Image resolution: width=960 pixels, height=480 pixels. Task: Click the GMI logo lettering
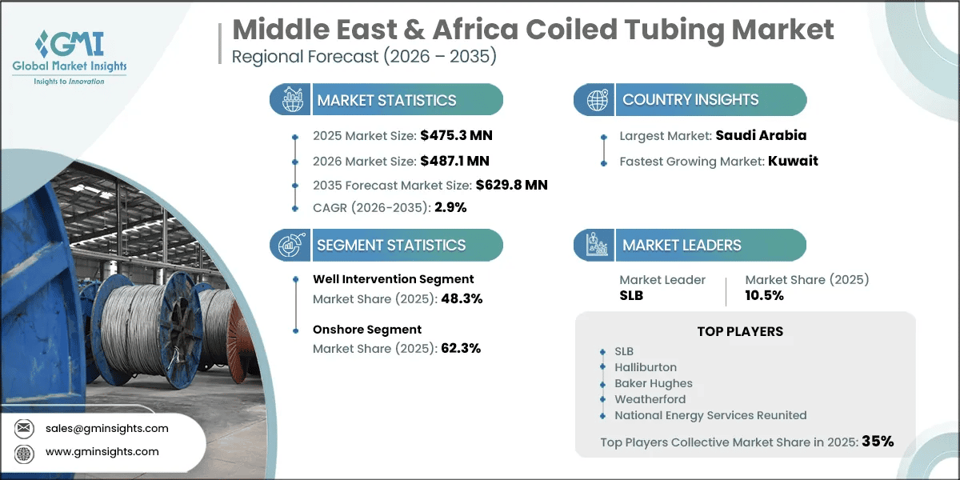pos(70,43)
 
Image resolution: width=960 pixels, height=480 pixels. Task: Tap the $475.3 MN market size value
pos(456,135)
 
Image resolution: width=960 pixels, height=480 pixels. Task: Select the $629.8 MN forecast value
pos(511,185)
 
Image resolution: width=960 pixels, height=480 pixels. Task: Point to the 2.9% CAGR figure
pos(450,207)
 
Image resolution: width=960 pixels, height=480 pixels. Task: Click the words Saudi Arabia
pos(761,135)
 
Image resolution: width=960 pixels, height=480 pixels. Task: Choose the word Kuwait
pos(793,161)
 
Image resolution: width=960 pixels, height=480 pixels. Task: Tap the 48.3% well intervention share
pos(462,298)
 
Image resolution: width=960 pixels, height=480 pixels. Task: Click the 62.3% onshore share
pos(461,349)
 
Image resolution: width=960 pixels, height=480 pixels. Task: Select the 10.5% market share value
pos(764,295)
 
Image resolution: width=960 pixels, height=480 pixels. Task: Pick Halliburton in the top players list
pos(646,367)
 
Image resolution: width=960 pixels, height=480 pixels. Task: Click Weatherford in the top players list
pos(650,399)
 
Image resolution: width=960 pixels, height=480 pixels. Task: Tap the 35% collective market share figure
pos(878,441)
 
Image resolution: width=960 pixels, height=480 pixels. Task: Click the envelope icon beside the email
pos(24,428)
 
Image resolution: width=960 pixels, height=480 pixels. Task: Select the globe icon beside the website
pos(24,454)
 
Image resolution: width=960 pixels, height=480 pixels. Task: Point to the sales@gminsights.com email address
pos(106,428)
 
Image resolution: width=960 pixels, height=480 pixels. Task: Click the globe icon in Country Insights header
pos(597,100)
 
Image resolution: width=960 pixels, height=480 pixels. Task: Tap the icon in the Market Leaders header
pos(597,245)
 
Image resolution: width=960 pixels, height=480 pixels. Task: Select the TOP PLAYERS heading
pos(740,331)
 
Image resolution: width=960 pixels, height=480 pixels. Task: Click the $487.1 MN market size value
pos(454,161)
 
